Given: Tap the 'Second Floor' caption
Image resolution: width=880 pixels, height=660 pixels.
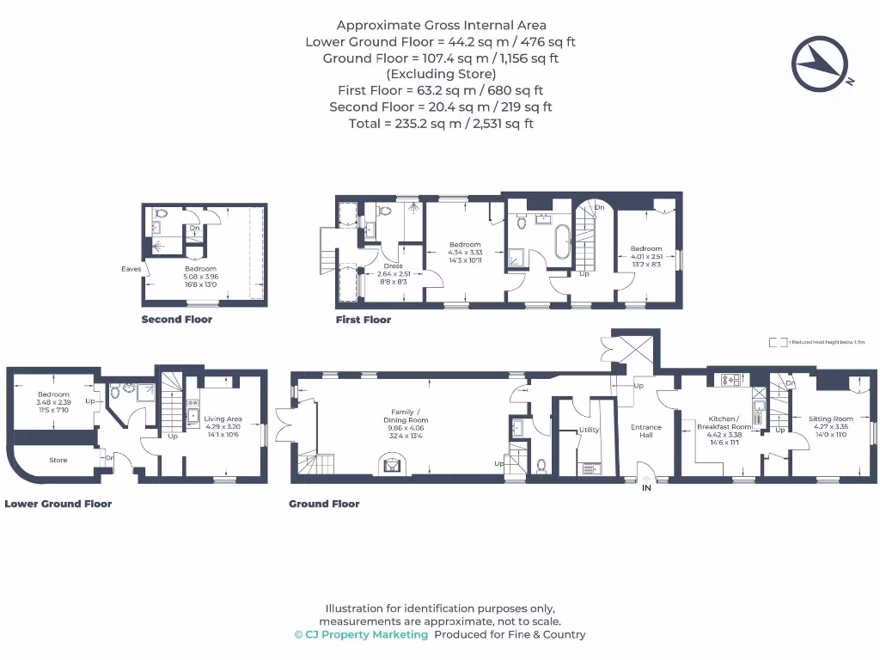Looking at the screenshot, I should tap(176, 320).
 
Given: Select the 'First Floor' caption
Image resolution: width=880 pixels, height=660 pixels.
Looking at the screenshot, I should tap(363, 320).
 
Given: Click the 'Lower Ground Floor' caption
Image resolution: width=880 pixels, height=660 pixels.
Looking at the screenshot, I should tap(58, 504).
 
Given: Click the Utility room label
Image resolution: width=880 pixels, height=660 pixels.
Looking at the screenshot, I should tap(589, 430).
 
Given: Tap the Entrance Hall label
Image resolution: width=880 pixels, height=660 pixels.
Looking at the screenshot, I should tap(645, 431).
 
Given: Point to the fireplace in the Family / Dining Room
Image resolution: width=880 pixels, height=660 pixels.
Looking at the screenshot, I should tap(392, 466).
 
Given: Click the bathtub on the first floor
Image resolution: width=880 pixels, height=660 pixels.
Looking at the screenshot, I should tap(562, 243).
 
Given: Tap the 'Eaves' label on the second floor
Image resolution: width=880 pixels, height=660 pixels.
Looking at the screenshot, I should tap(131, 269).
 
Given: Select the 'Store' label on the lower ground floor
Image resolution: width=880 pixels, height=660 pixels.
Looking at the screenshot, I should tap(58, 461).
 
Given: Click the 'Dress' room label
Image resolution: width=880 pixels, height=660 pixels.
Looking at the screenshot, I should tap(393, 266).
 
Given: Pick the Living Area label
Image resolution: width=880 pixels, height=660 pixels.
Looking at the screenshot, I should tap(223, 419).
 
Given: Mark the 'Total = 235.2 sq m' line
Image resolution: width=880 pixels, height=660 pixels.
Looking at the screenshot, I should tap(440, 124).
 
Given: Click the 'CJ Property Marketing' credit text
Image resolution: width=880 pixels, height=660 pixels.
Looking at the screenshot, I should tap(361, 635).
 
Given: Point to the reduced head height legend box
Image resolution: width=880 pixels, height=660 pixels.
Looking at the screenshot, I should tap(778, 342).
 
